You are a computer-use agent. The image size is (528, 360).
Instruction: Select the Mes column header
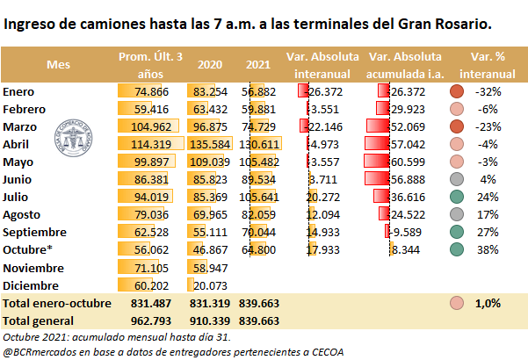click(x=58, y=64)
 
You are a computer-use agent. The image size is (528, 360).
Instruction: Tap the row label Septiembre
click(x=34, y=232)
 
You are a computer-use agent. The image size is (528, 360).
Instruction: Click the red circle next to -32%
click(x=456, y=91)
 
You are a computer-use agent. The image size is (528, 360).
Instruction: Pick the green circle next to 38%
click(x=456, y=249)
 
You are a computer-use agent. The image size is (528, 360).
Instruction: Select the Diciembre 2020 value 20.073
click(x=213, y=284)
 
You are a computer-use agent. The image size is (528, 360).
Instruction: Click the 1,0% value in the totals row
click(x=488, y=302)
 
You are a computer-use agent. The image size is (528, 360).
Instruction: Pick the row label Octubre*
click(x=28, y=249)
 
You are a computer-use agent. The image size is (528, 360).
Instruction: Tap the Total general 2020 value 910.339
click(x=210, y=320)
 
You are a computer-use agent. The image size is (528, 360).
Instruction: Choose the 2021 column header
click(x=257, y=64)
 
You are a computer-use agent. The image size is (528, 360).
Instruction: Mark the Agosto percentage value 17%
click(x=488, y=214)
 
